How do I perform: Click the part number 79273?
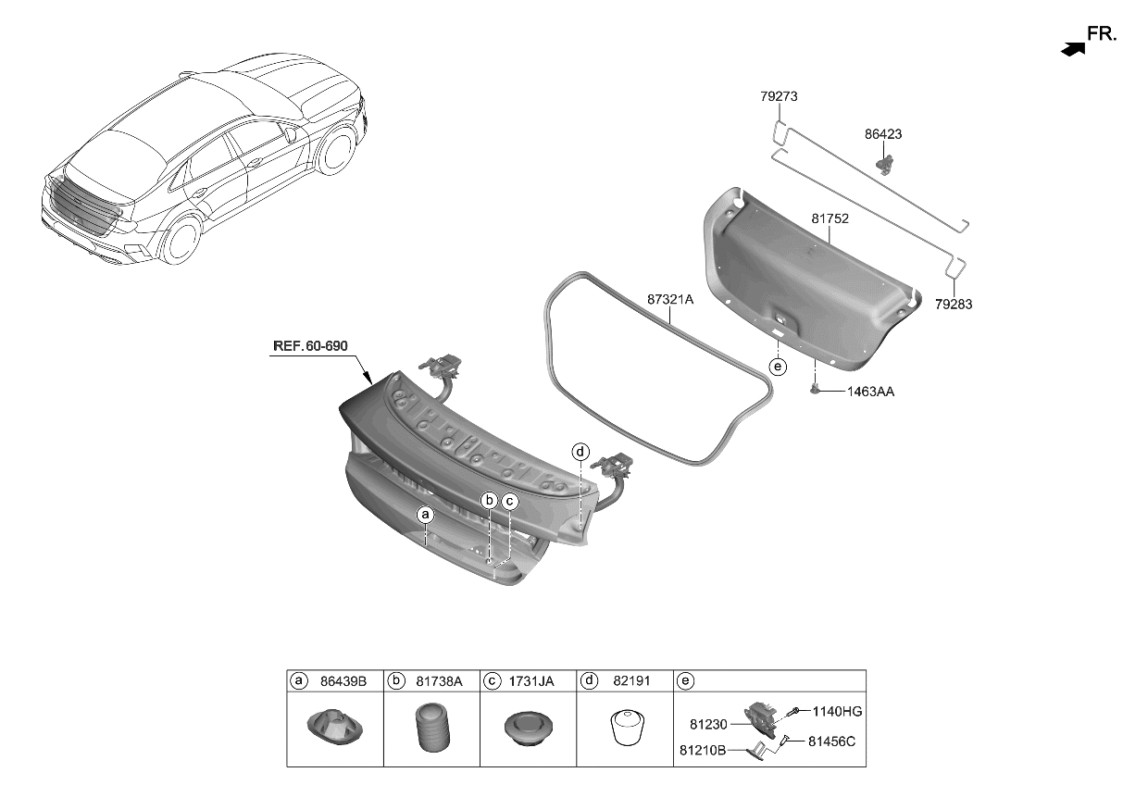tap(779, 96)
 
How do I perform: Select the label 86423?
tap(883, 134)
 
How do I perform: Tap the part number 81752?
tap(830, 219)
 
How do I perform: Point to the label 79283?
tap(954, 304)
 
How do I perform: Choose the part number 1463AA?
tap(870, 392)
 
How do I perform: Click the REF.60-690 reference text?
tap(310, 346)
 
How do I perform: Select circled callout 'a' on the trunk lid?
tap(425, 513)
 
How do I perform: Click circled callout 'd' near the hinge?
tap(580, 452)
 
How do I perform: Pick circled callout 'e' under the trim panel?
tap(778, 368)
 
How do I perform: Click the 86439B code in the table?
tap(343, 681)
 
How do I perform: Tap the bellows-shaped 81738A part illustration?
tap(431, 729)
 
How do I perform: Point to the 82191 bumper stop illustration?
tap(625, 729)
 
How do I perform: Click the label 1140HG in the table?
tap(837, 711)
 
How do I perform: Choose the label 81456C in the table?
tap(831, 741)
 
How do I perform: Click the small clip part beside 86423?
tap(886, 164)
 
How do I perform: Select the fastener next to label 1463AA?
tap(817, 391)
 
